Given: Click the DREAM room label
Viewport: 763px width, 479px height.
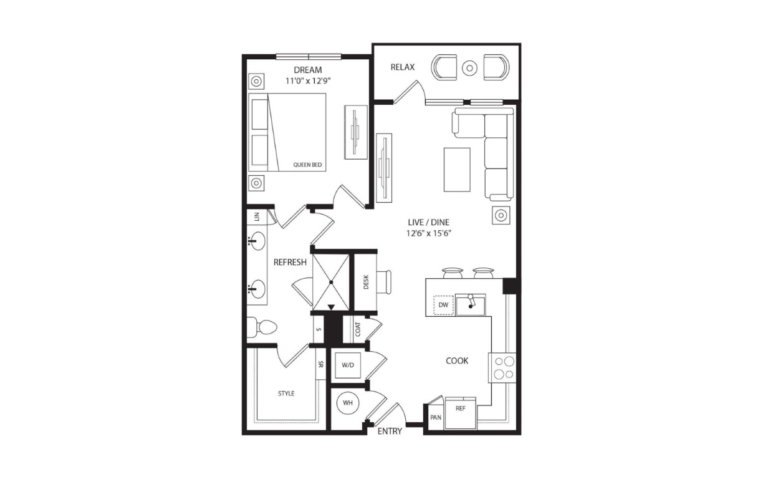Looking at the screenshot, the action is (x=307, y=70).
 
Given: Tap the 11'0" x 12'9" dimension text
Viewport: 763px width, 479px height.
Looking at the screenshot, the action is (x=309, y=81).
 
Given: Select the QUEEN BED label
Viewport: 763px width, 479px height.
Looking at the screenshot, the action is (x=307, y=165).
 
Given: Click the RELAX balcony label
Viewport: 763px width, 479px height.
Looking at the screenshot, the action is (x=402, y=67).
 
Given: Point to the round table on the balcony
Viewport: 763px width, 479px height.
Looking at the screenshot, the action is (x=469, y=68).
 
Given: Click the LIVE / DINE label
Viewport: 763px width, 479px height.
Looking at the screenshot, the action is (x=428, y=222).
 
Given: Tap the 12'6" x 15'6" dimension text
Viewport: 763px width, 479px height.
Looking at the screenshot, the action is (x=428, y=233).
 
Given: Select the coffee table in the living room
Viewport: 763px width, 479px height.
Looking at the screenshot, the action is (x=457, y=170).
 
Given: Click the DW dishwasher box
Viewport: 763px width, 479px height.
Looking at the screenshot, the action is (x=443, y=305).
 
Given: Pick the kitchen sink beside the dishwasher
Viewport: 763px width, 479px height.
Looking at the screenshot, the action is (x=471, y=305).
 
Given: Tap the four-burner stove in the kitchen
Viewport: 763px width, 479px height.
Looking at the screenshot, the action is (x=502, y=367).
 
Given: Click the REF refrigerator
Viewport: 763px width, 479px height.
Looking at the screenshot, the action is (x=460, y=413).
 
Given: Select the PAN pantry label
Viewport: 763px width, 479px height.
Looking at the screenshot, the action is (x=436, y=417).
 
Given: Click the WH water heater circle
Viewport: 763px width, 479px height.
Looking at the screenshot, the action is (x=347, y=403).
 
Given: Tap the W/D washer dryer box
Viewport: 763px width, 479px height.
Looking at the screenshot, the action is (x=348, y=365).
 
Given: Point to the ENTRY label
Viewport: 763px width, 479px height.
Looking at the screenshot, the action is (x=390, y=431).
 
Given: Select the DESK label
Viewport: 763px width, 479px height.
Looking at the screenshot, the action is (x=366, y=282).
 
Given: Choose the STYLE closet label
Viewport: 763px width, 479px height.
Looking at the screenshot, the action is (x=286, y=394).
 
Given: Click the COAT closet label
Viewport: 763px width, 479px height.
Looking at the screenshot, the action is (x=358, y=329).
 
